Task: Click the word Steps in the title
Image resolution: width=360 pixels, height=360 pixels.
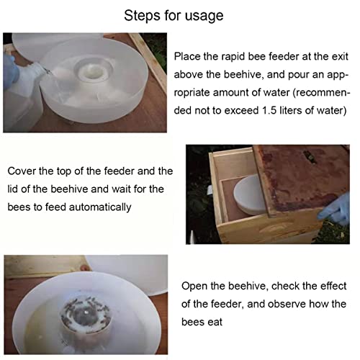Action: point(143,16)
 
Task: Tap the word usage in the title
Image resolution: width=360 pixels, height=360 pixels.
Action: point(204,16)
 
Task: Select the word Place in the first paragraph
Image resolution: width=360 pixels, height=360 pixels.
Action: point(189,55)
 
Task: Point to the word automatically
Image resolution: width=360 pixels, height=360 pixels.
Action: point(98,207)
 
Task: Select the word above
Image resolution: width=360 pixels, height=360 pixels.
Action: point(190,74)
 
